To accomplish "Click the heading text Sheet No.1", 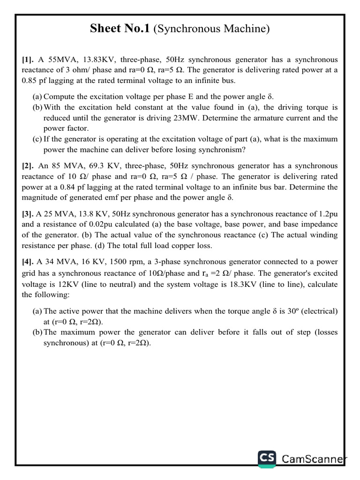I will point(120,29).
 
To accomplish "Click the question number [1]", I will point(28,60).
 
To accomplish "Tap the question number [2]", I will point(28,165).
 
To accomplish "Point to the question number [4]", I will point(28,262).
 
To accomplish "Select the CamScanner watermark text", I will point(314,459).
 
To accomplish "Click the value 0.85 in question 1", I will point(30,81).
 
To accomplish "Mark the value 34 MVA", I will point(55,262).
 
